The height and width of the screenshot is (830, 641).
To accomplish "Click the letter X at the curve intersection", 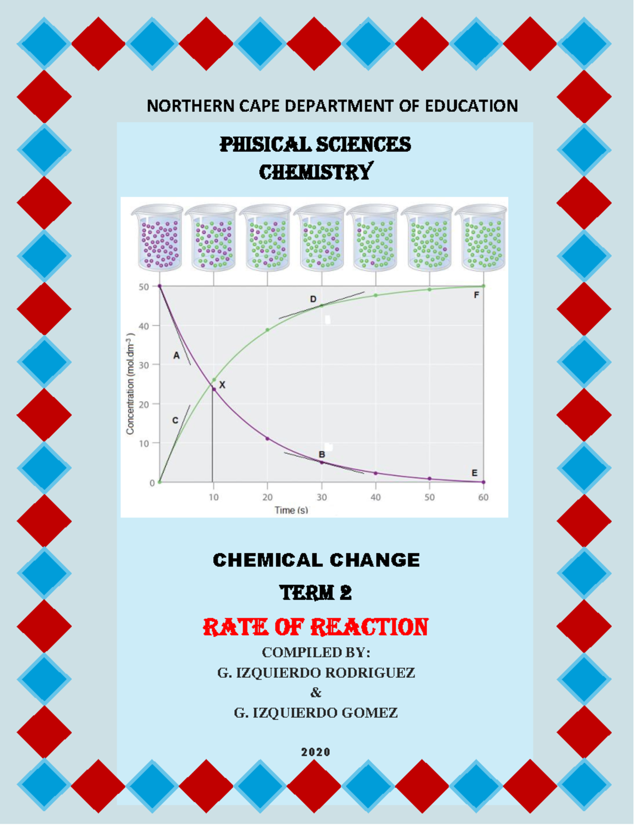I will coord(222,385).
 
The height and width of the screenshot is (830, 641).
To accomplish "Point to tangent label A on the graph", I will coord(176,355).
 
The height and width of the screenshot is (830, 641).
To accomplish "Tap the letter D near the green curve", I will coord(313,299).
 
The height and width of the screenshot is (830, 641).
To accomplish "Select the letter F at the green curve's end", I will coord(476,294).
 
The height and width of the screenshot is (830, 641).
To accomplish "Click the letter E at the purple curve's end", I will coord(474,472).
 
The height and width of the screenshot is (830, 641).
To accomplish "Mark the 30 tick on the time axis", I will coord(322,497).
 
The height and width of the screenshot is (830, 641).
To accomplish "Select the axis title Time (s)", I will coord(291,510).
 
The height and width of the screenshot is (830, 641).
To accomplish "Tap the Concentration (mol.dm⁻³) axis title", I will coord(130,383).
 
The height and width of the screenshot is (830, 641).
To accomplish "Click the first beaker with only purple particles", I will coord(159,238).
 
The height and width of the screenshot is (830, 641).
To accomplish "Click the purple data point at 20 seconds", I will coord(268,438).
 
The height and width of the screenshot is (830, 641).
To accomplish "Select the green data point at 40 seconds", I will coord(376,295).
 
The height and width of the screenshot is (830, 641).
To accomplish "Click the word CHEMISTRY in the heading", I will coord(316,172).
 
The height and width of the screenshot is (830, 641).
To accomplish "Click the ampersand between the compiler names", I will coord(316,693).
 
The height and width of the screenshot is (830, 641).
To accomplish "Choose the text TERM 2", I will coord(316,593).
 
